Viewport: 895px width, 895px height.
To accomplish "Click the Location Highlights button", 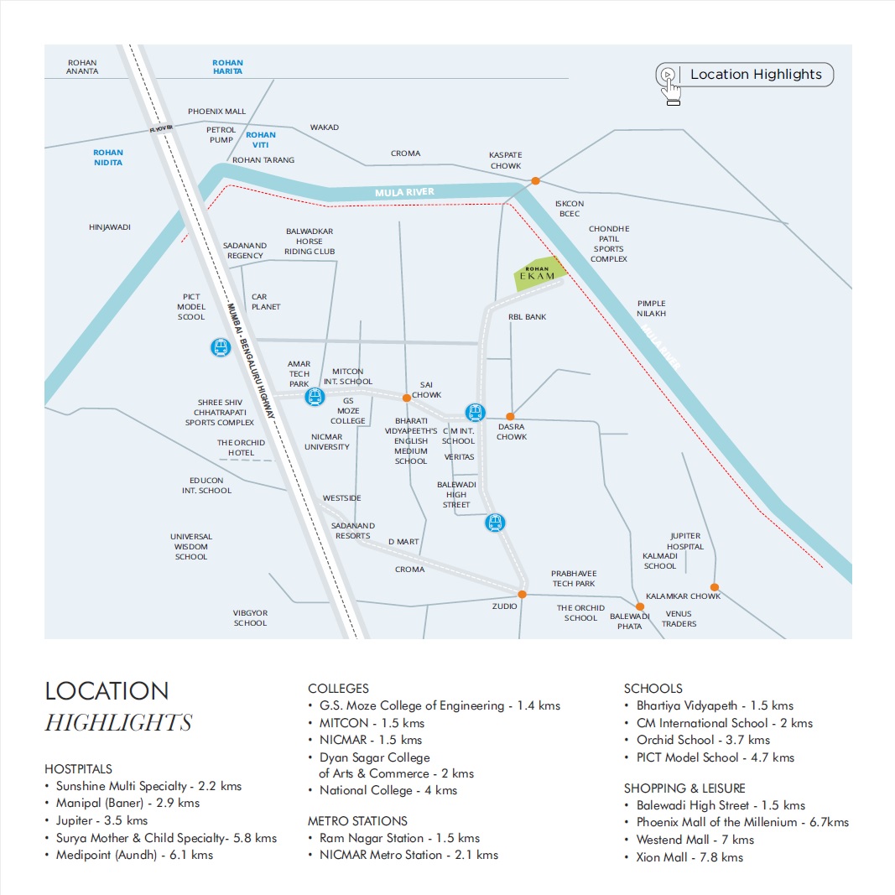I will point(745,75).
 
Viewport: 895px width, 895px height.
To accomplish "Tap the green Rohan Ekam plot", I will point(537,275).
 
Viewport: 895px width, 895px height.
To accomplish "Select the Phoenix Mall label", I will point(216,112).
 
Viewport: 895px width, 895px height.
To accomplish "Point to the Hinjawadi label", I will point(110,227).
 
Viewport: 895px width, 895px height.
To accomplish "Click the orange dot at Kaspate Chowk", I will point(535,180).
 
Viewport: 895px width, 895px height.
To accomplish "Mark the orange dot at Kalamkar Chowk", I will point(715,587).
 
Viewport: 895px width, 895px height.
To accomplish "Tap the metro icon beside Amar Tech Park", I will point(315,396).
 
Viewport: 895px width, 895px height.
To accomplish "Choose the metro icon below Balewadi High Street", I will point(496,523).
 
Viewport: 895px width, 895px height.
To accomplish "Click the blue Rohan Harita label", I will point(227,67).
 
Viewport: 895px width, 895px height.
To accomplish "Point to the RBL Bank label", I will point(527,317).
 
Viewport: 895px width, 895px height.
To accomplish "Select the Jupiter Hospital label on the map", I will point(685,541).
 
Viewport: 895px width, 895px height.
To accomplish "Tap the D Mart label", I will point(403,542).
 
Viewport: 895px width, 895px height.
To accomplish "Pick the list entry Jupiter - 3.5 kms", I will point(101,820).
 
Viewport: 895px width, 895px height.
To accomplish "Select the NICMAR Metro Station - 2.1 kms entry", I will point(408,855).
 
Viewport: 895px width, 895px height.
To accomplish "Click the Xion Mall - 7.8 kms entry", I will point(689,857).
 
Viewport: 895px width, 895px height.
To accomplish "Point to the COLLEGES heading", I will point(338,689).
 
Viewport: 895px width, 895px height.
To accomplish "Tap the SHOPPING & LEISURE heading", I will point(684,788).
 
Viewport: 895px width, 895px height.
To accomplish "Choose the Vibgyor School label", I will point(250,618).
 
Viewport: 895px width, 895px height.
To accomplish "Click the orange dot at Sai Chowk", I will point(406,398).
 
